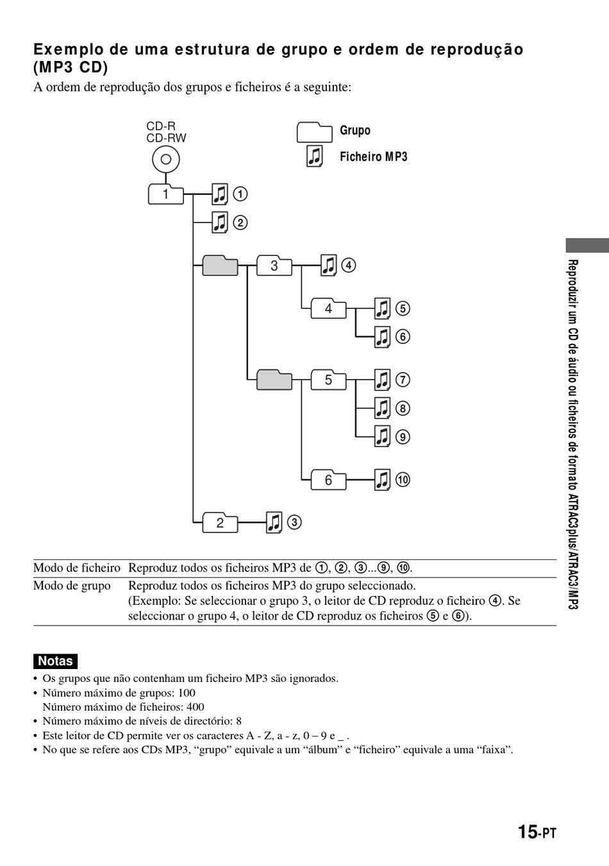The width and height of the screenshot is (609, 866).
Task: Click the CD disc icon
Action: (166, 160)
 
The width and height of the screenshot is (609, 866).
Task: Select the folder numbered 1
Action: (165, 194)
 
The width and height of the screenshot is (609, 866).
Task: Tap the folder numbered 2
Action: (220, 522)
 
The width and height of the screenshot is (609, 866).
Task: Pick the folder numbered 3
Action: (274, 265)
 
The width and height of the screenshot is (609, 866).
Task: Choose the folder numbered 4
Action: (328, 309)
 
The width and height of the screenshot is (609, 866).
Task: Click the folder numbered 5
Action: (328, 380)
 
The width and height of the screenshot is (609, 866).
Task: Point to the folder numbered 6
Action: (328, 480)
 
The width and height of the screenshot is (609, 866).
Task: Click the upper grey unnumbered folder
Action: (220, 265)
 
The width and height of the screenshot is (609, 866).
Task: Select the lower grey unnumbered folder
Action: (274, 380)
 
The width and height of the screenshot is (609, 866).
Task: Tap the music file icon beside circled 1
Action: (220, 194)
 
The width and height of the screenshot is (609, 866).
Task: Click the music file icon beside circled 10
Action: (382, 480)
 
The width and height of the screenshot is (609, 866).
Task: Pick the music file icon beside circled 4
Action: (328, 265)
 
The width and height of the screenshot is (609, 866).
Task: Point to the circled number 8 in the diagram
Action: (403, 409)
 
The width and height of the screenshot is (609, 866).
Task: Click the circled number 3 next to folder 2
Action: (294, 522)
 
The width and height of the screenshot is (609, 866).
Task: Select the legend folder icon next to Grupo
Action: (314, 132)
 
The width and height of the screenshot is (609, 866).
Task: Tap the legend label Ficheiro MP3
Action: (373, 157)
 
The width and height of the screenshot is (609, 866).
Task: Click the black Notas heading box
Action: (55, 661)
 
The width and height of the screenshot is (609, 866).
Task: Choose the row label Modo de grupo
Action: (72, 586)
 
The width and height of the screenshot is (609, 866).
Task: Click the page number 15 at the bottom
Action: (527, 832)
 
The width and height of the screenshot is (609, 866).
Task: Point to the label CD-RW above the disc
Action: (166, 138)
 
